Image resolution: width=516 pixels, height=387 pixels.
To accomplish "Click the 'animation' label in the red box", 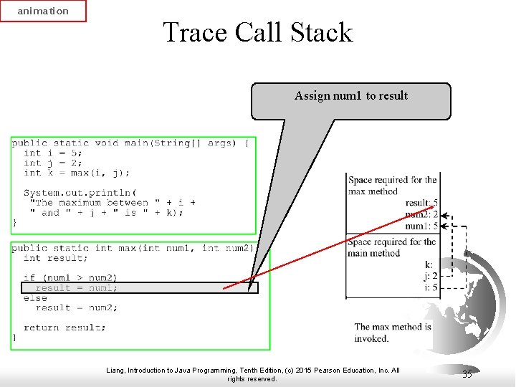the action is click(x=43, y=11).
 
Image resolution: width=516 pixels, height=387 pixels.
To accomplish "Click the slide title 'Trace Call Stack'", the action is click(x=258, y=32).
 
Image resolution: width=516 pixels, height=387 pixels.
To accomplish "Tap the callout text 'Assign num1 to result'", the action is click(x=351, y=96).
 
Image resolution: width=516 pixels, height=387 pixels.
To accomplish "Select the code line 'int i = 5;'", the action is click(x=53, y=153).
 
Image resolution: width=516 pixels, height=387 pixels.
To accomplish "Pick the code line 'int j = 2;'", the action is click(x=53, y=163).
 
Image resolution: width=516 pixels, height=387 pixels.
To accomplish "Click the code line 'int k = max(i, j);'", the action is click(x=77, y=173).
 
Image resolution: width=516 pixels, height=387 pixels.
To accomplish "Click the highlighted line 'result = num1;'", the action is click(x=77, y=288).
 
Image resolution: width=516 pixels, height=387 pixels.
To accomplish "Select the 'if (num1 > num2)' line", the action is click(x=70, y=277).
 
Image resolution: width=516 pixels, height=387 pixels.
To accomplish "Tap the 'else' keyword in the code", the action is click(x=35, y=297).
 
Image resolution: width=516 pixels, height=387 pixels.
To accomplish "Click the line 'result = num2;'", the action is click(x=77, y=307).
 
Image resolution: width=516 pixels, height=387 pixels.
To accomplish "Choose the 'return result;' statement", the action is click(x=64, y=328).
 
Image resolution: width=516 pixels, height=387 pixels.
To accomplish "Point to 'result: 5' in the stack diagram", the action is click(x=421, y=203).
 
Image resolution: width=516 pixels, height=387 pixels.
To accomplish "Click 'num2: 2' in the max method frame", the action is click(x=421, y=214).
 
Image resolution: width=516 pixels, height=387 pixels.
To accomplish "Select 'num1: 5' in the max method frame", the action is click(x=421, y=226).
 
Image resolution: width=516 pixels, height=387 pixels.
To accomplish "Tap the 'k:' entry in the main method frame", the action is click(x=429, y=265).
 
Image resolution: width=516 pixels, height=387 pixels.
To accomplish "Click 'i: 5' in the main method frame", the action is click(x=430, y=287).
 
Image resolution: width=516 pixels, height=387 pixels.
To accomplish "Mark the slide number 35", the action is click(x=467, y=374).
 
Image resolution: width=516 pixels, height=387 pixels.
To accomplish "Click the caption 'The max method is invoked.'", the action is click(x=393, y=333).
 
